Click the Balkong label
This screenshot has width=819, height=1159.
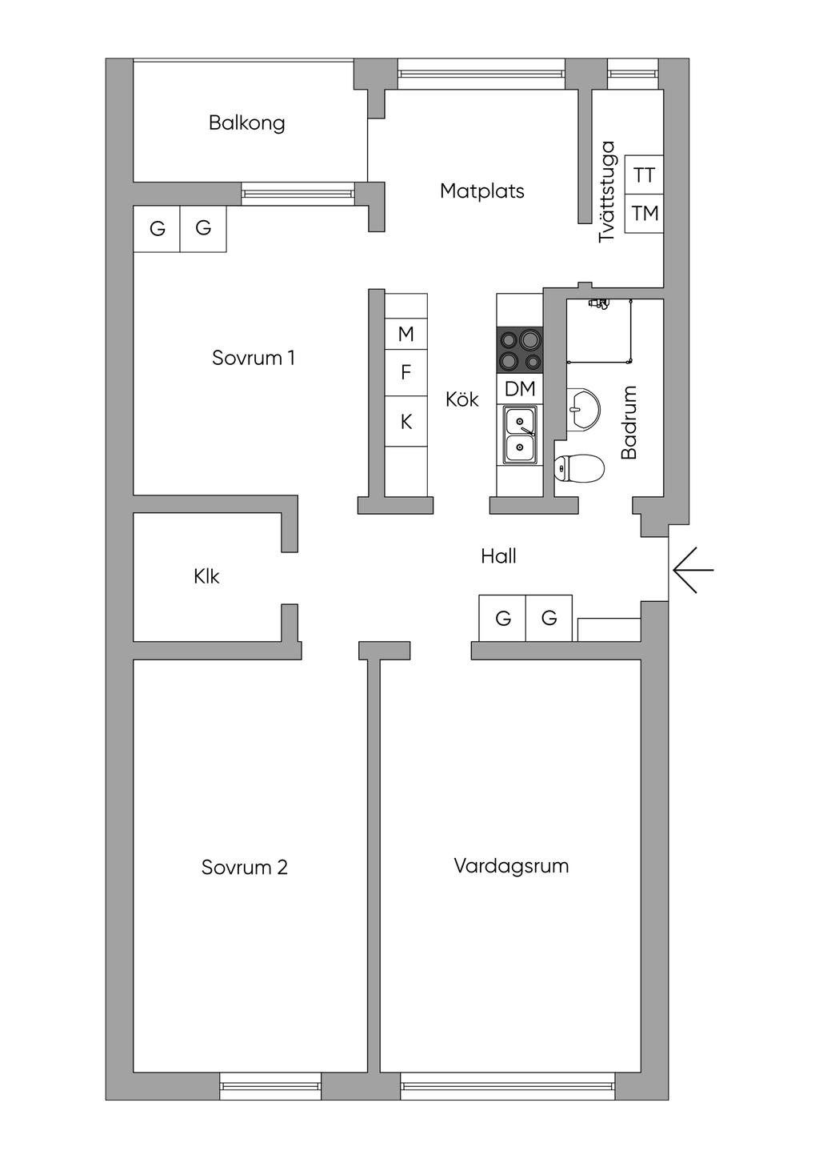[246, 122]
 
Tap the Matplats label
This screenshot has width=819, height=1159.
[481, 191]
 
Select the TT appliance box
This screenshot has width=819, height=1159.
[644, 175]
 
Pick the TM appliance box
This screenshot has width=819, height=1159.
[644, 214]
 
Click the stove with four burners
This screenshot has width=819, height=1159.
[519, 351]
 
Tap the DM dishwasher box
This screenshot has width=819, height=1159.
[519, 390]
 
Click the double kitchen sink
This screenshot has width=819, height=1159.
[520, 435]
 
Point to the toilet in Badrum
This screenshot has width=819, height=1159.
[579, 469]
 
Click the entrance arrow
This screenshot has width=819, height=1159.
[693, 570]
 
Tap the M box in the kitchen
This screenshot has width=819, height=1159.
[406, 335]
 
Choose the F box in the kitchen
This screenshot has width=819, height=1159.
[406, 373]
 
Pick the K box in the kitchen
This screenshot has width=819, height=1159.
[406, 422]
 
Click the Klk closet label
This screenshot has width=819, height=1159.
[206, 576]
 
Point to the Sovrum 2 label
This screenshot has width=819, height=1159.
[244, 868]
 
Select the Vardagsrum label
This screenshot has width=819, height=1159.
[511, 866]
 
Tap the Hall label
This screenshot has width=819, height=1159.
[498, 556]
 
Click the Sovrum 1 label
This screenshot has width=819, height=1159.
[253, 358]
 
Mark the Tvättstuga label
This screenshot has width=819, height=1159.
[607, 191]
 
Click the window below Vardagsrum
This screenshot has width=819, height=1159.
[508, 1086]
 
